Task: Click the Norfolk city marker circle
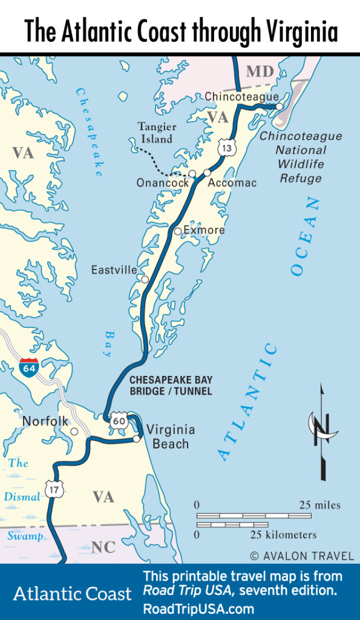[x=74, y=432]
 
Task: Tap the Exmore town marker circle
[x=177, y=231]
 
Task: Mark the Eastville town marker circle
[x=145, y=280]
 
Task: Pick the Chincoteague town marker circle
[x=280, y=107]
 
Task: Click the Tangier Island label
[x=157, y=133]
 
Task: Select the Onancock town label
[x=159, y=183]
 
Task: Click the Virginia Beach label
[x=171, y=437]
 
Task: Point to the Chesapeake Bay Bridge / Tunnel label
[x=171, y=386]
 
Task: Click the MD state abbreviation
[x=260, y=72]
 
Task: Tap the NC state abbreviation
[x=103, y=548]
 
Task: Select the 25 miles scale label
[x=319, y=505]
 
